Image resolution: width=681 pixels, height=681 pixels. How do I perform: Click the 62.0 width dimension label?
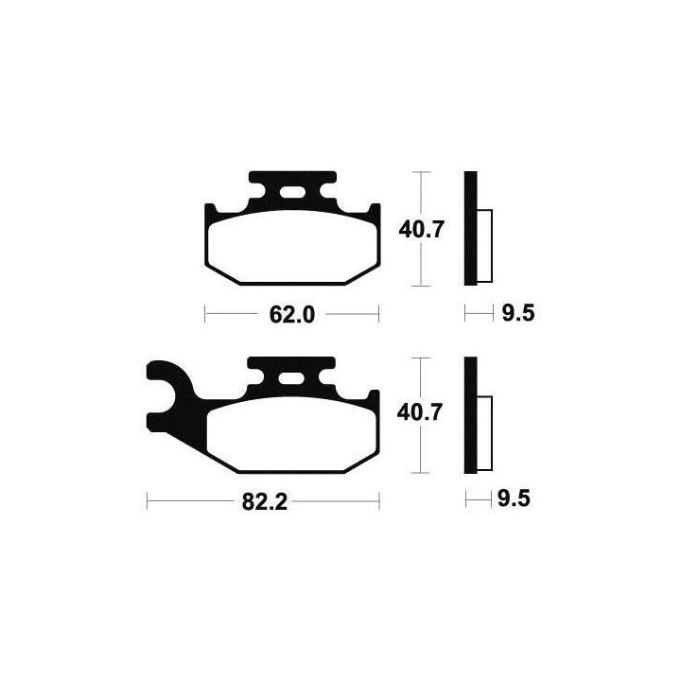coord(292,314)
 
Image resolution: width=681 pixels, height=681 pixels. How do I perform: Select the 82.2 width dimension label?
coord(265,502)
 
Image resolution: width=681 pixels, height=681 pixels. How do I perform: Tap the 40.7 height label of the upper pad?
coord(421,229)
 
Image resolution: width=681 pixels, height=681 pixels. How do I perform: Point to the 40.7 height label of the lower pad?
coord(420,412)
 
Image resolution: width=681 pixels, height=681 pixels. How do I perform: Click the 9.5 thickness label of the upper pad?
coord(518,313)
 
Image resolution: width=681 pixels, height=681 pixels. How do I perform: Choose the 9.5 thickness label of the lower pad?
coord(514,498)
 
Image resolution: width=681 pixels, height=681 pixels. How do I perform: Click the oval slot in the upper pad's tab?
coord(292,192)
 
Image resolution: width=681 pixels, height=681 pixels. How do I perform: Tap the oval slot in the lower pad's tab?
coord(291,378)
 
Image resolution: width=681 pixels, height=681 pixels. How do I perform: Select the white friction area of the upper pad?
coord(292,247)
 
